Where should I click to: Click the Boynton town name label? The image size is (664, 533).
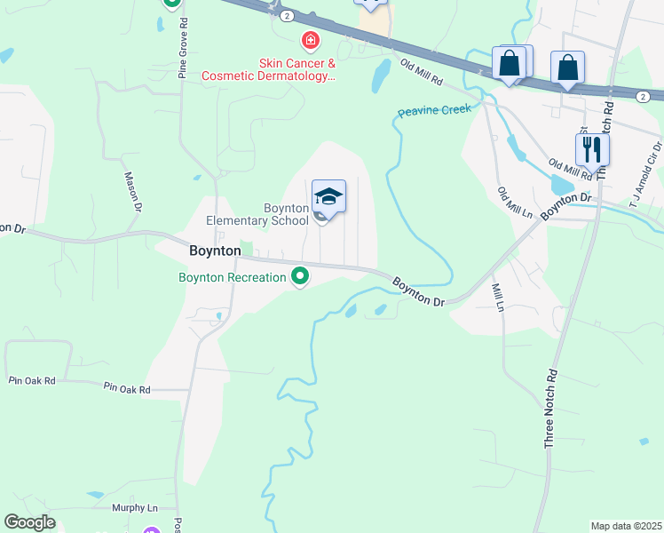pos(215,251)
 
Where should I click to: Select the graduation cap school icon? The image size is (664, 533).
pos(328,197)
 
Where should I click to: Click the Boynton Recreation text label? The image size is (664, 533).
pos(233,277)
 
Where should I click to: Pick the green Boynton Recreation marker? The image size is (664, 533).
pos(301,277)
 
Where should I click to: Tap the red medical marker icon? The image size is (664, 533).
pos(310,40)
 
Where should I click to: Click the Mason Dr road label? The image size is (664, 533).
pos(133,192)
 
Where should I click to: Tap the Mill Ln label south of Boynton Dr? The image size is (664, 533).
pos(498,297)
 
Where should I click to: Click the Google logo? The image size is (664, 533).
pos(29,522)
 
